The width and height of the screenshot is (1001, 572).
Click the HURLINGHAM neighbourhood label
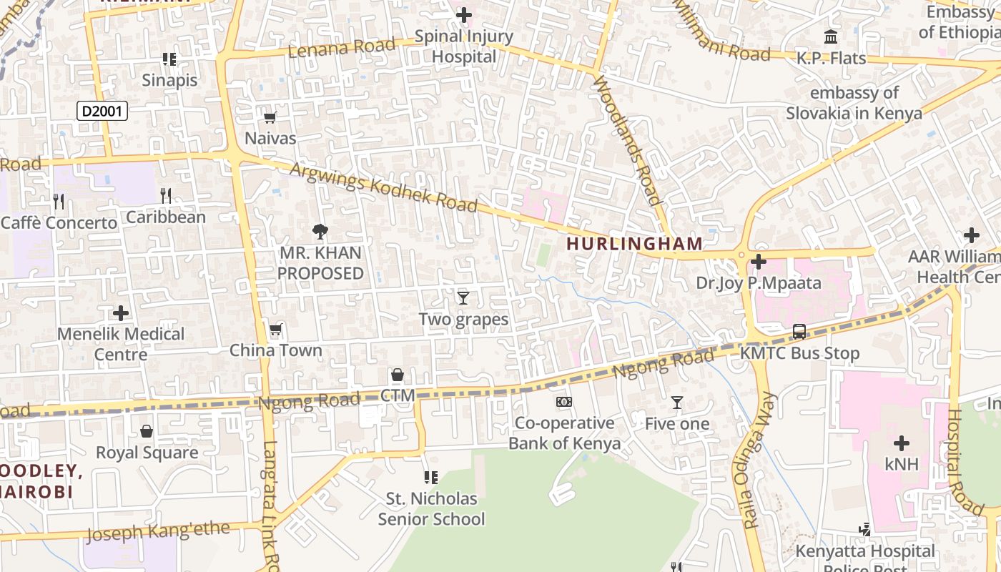pos(635,244)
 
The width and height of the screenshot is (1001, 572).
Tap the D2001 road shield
pos(102,111)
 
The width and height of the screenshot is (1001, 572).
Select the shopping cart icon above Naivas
pos(270,118)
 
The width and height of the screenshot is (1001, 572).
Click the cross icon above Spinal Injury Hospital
pos(464,15)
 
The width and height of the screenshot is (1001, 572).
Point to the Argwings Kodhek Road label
pos(383,187)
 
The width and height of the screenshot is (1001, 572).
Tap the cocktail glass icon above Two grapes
pos(463,297)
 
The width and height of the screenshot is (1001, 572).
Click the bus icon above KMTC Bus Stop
pos(799,332)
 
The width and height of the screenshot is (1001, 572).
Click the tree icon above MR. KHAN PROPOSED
pos(320,231)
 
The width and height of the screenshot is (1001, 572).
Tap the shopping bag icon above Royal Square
pos(147,431)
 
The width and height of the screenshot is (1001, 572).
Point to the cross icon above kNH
pos(901,443)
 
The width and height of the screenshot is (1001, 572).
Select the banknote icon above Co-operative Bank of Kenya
pos(564,402)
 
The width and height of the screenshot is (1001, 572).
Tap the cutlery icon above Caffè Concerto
pos(59,202)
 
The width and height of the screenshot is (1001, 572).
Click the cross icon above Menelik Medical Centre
pos(121,312)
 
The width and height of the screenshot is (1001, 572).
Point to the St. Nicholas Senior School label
pos(431,508)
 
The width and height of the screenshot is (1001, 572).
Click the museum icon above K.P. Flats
pos(831,36)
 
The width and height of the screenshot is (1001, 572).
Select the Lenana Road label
pos(341,48)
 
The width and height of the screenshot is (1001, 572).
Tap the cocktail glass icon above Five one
pos(677,403)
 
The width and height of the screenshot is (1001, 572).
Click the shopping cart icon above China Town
pos(276,330)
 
